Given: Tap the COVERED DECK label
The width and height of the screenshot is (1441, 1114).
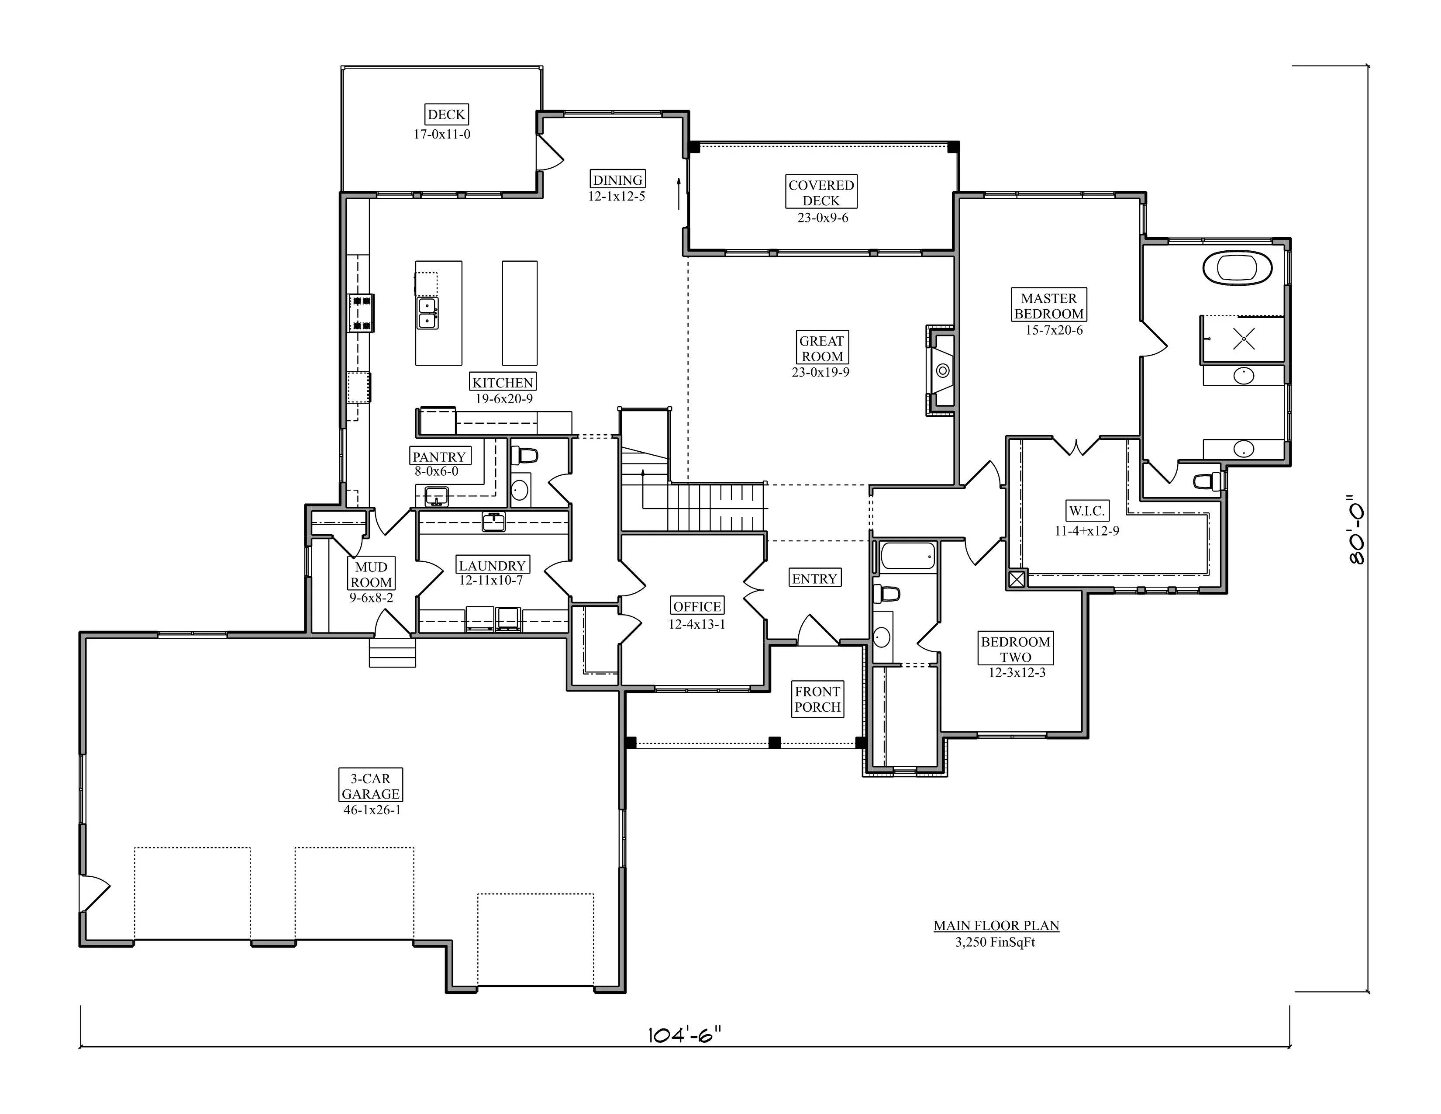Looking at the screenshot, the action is click(x=821, y=192).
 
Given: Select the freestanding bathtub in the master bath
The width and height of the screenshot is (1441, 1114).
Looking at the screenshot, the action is click(x=1237, y=268).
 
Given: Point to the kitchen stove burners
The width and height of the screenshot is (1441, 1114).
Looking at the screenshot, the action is click(x=362, y=313).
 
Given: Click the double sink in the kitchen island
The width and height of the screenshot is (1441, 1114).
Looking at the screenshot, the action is click(x=427, y=313).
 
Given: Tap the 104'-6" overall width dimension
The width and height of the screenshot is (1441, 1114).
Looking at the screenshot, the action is click(x=685, y=1034).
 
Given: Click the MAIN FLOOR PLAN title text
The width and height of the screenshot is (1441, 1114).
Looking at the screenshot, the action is click(x=996, y=925).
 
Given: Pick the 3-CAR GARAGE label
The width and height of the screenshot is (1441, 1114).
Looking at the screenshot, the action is click(x=371, y=785).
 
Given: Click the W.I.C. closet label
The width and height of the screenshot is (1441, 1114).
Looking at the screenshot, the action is click(x=1086, y=510).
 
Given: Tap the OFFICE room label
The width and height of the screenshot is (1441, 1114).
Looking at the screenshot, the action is click(x=697, y=606).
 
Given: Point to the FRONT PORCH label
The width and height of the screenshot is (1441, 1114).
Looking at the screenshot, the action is click(x=817, y=699).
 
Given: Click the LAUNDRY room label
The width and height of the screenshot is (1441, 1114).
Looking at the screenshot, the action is click(x=492, y=565).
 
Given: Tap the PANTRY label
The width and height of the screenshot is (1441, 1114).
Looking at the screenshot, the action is click(x=439, y=456).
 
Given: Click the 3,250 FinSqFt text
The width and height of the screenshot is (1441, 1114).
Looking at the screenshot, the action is click(x=996, y=942).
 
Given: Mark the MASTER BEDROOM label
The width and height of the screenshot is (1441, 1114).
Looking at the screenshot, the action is click(x=1048, y=305).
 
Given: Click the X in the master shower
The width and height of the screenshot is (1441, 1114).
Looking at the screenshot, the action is click(x=1244, y=339).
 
